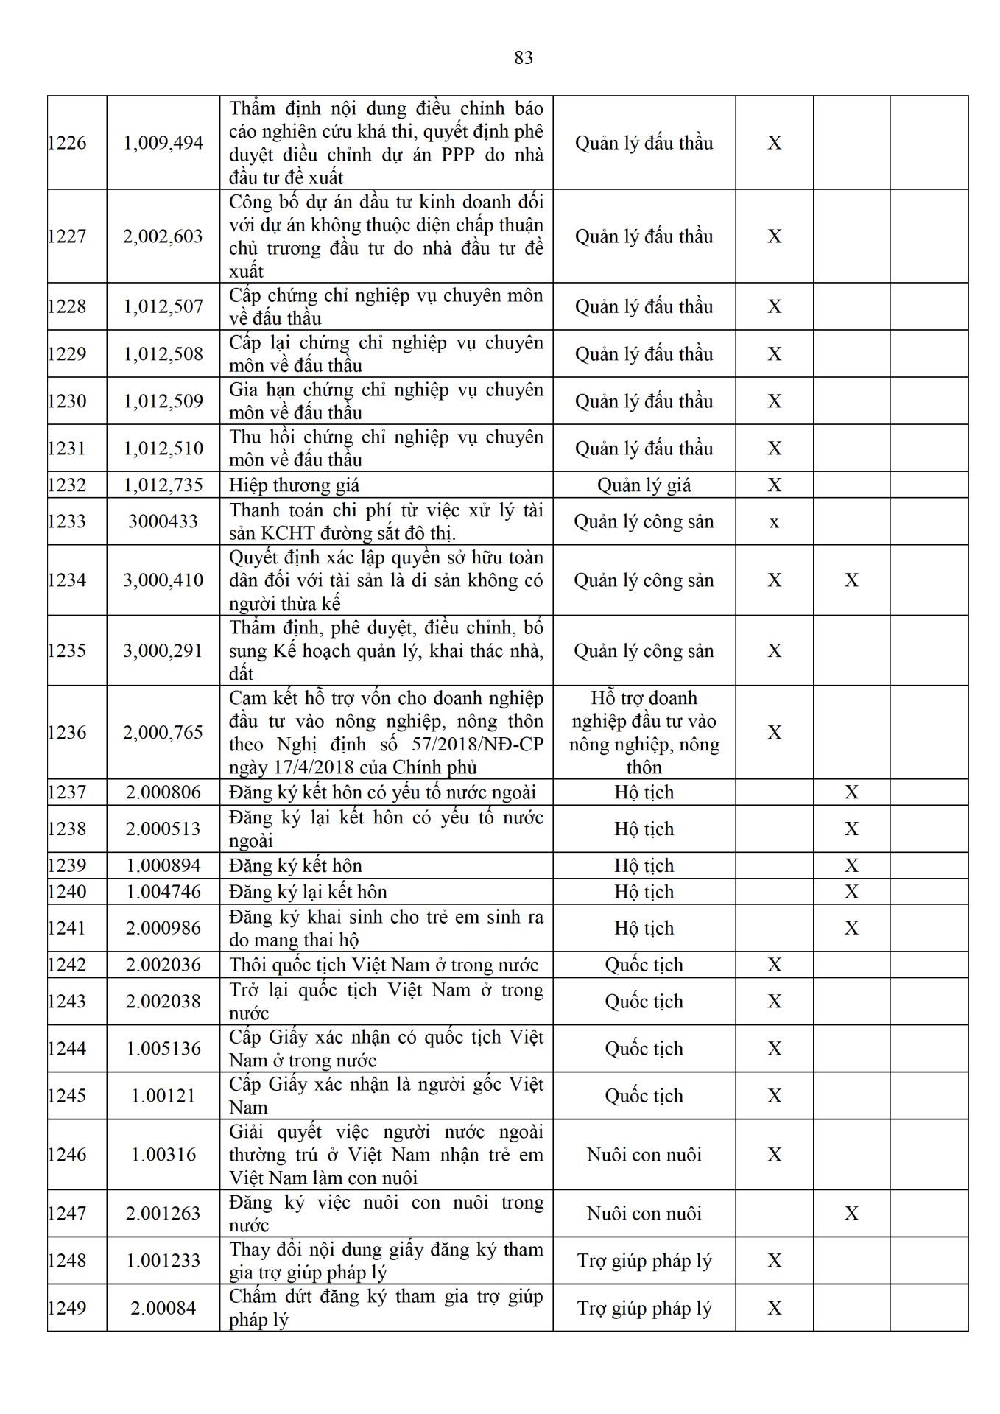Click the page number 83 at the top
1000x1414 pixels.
click(x=524, y=57)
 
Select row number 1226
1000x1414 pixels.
click(x=67, y=143)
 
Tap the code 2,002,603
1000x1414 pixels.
click(x=163, y=236)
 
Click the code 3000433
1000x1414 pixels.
click(x=163, y=521)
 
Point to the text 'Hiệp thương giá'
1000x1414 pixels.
click(x=295, y=485)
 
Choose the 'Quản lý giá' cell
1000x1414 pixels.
click(x=644, y=485)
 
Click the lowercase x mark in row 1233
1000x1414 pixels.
click(x=774, y=522)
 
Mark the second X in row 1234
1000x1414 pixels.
click(x=851, y=580)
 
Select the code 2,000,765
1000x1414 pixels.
click(x=163, y=733)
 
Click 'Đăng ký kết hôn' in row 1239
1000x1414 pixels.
click(x=295, y=865)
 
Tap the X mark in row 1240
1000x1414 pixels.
click(x=851, y=892)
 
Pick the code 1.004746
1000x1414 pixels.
click(x=163, y=892)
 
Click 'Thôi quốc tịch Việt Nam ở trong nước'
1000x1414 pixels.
click(x=384, y=965)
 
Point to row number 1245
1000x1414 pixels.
click(x=67, y=1096)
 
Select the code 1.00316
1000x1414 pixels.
click(x=163, y=1155)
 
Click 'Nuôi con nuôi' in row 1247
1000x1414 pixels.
click(x=644, y=1214)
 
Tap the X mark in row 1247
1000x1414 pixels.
click(x=851, y=1214)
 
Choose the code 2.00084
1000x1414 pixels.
click(x=163, y=1309)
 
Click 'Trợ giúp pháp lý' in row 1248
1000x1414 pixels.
click(x=644, y=1261)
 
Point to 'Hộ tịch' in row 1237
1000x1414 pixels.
click(x=644, y=792)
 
